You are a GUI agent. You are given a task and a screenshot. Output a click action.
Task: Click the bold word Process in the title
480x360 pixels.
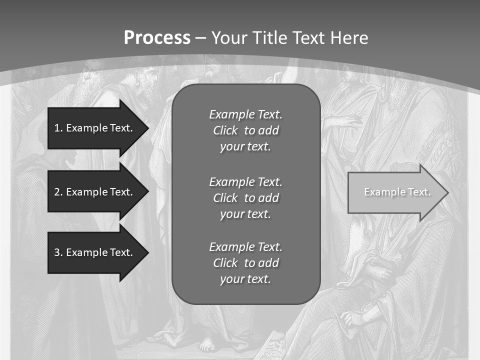point(157,37)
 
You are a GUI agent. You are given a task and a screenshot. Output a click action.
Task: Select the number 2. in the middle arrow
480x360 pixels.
point(58,192)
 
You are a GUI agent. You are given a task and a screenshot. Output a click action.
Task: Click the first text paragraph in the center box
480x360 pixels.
point(245,130)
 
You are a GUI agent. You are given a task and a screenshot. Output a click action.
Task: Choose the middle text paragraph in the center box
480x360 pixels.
point(245,197)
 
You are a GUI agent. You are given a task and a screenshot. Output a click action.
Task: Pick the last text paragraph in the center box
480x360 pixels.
point(245,262)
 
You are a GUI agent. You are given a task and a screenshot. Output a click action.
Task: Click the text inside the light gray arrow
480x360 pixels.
point(397,192)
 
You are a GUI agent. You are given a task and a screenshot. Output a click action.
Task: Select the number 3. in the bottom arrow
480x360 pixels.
point(58,252)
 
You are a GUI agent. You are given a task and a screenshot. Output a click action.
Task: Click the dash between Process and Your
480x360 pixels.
point(201,38)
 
